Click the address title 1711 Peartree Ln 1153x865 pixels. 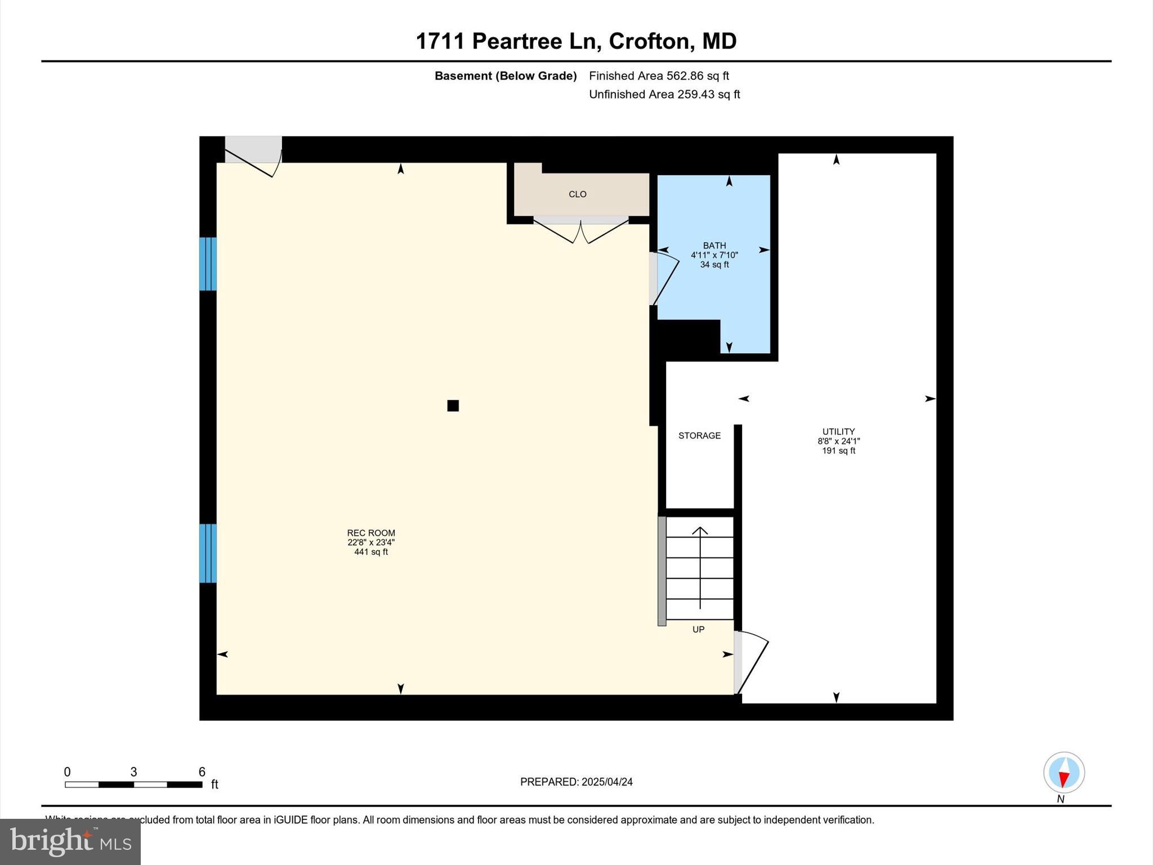[575, 41]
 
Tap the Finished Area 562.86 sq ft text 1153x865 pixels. [659, 75]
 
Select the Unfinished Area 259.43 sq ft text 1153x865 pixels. [664, 94]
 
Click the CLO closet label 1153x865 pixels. [578, 194]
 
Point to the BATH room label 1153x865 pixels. [714, 246]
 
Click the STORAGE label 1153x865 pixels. [699, 435]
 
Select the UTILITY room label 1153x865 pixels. [838, 432]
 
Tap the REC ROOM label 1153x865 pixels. [371, 533]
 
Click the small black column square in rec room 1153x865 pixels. [453, 405]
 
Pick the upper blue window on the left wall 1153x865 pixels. [208, 264]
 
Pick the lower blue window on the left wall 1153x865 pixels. [208, 553]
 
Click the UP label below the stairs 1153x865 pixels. [698, 630]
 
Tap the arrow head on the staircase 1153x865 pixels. [700, 530]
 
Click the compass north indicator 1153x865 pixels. [1063, 773]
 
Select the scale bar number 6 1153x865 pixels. [202, 772]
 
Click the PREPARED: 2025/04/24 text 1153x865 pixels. [576, 782]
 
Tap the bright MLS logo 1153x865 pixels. [70, 841]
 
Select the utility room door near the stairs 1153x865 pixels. [751, 662]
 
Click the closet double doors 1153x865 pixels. [580, 231]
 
